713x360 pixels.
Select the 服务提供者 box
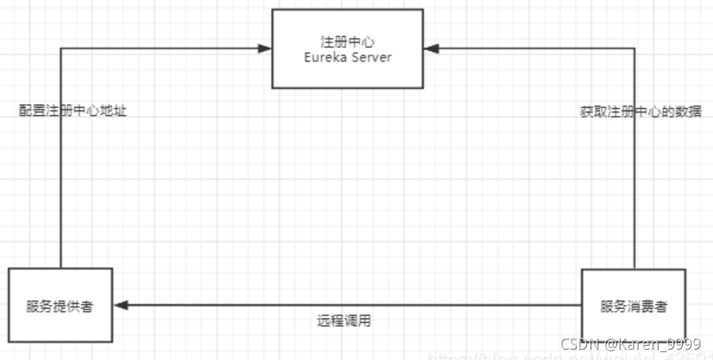(60, 306)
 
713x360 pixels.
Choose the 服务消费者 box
(633, 306)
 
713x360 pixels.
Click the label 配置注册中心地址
(73, 111)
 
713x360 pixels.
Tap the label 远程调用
(344, 321)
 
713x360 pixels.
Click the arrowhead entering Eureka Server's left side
(266, 49)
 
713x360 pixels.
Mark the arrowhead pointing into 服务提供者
(120, 305)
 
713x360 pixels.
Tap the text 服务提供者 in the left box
(60, 306)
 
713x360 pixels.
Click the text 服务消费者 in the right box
(633, 306)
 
